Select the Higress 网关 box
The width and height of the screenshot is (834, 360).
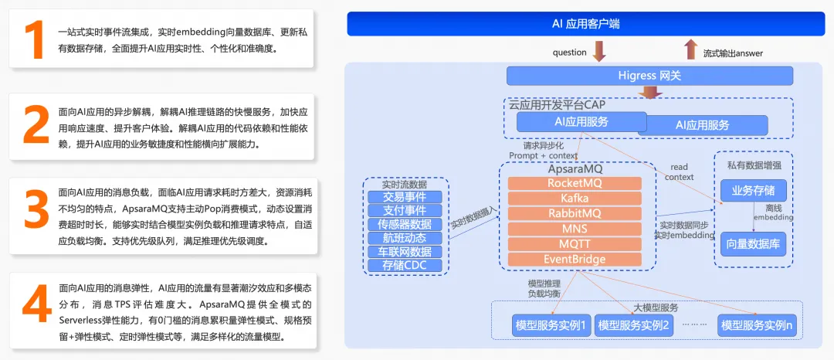pyautogui.click(x=649, y=76)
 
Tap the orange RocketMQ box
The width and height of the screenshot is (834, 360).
pyautogui.click(x=574, y=183)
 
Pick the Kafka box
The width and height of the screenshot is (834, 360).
pyautogui.click(x=574, y=199)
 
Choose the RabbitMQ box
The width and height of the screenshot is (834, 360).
pyautogui.click(x=574, y=213)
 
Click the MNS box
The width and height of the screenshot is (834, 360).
pyautogui.click(x=574, y=229)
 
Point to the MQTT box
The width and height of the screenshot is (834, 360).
pyautogui.click(x=574, y=244)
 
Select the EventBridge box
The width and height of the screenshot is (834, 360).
pyautogui.click(x=574, y=260)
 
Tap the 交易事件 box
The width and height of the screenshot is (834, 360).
pyautogui.click(x=405, y=196)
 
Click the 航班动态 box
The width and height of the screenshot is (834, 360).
pyautogui.click(x=405, y=238)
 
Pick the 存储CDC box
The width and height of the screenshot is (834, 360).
pyautogui.click(x=405, y=266)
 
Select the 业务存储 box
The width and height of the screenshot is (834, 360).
pyautogui.click(x=753, y=190)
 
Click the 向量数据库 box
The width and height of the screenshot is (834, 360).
pyautogui.click(x=753, y=244)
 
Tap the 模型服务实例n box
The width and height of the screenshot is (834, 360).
pyautogui.click(x=757, y=325)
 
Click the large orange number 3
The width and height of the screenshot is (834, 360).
pyautogui.click(x=36, y=212)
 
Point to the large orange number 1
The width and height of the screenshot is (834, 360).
pyautogui.click(x=36, y=41)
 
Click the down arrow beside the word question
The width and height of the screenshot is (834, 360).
pyautogui.click(x=599, y=51)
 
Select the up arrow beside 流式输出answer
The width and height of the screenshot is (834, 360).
pyautogui.click(x=690, y=50)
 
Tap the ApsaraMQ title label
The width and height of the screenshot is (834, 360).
pyautogui.click(x=574, y=168)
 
